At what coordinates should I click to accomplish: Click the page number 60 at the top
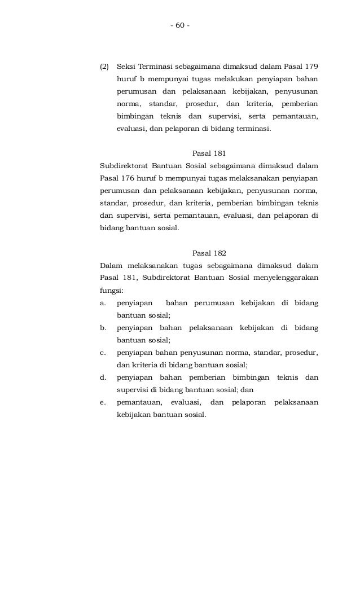pyautogui.click(x=179, y=26)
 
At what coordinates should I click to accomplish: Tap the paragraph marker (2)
pyautogui.click(x=104, y=67)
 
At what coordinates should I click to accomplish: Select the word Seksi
pyautogui.click(x=126, y=67)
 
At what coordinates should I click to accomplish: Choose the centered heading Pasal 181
pyautogui.click(x=209, y=153)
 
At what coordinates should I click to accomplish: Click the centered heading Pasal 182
pyautogui.click(x=209, y=253)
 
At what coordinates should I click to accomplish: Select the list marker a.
pyautogui.click(x=102, y=303)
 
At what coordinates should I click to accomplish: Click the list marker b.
pyautogui.click(x=102, y=328)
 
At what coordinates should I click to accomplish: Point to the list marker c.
pyautogui.click(x=102, y=353)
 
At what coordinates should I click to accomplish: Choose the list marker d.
pyautogui.click(x=102, y=377)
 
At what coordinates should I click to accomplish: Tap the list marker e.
pyautogui.click(x=102, y=402)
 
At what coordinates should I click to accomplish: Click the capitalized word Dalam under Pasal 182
pyautogui.click(x=111, y=265)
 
